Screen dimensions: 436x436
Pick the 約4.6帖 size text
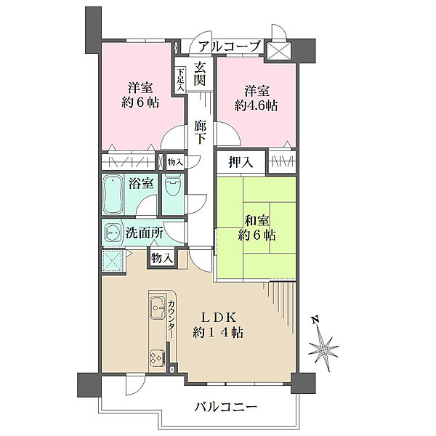click(x=256, y=105)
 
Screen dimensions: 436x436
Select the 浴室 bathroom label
click(x=141, y=183)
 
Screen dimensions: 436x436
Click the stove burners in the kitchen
click(x=158, y=358)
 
